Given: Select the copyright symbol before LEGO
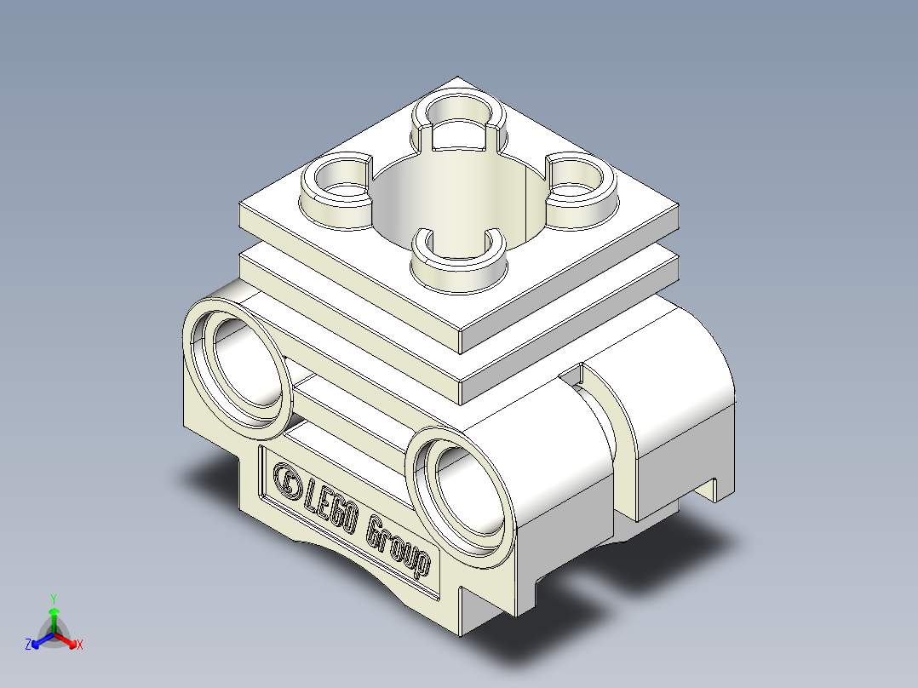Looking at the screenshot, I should (x=285, y=481).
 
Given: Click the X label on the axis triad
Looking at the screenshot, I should (x=79, y=645).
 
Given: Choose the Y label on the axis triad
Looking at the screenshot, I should (x=53, y=598).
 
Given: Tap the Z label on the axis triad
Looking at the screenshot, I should (x=28, y=645).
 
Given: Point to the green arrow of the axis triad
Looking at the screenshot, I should (x=53, y=616).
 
